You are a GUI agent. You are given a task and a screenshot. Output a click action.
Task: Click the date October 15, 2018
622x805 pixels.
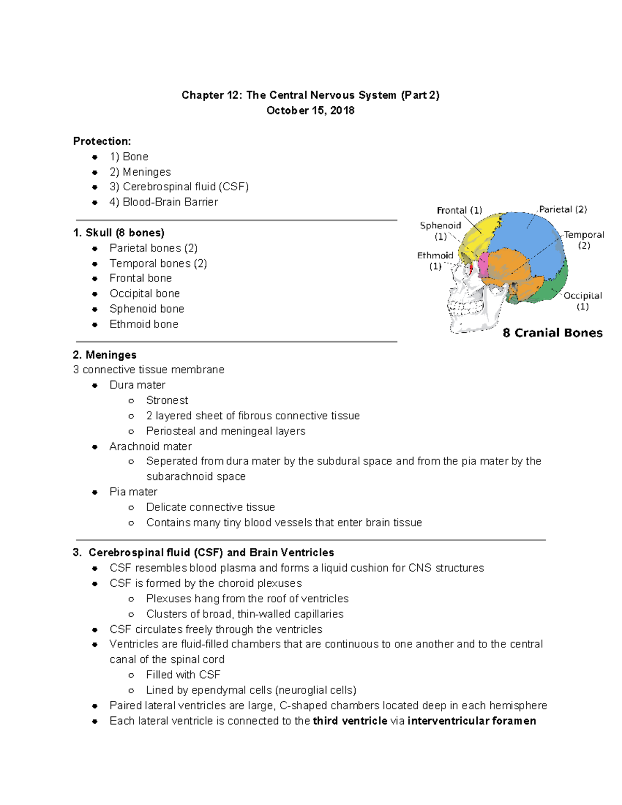(x=310, y=110)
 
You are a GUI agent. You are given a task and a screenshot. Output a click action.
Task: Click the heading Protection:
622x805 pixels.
(x=102, y=141)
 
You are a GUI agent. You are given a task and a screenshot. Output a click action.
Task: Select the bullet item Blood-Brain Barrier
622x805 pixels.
(x=163, y=202)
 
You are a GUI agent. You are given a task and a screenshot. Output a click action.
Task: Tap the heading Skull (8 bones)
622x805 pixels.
(x=119, y=233)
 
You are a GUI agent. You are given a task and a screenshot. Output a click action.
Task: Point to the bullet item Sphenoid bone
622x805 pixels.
(x=147, y=309)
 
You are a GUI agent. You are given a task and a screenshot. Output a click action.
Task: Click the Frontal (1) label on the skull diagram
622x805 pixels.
(x=459, y=210)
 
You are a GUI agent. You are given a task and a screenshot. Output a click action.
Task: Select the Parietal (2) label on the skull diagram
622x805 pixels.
(x=563, y=209)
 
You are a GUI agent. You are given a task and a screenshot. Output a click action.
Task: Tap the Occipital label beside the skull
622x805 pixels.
(x=583, y=295)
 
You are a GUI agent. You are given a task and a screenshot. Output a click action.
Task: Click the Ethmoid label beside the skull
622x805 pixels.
(x=435, y=256)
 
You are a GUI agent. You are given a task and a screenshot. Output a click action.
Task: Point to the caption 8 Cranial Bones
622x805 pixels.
(x=553, y=333)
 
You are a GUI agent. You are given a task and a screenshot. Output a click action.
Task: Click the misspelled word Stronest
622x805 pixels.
(x=167, y=400)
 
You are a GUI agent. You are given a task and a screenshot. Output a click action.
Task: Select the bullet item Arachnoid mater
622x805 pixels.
(x=150, y=446)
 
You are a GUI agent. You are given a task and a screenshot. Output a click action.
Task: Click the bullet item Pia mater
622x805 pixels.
(x=133, y=492)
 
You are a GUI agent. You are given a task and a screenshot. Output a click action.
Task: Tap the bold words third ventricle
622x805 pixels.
(x=350, y=721)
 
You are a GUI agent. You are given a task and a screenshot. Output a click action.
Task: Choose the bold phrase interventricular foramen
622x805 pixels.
(x=472, y=721)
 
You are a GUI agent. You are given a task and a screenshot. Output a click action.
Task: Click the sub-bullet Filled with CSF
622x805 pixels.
(x=183, y=675)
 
